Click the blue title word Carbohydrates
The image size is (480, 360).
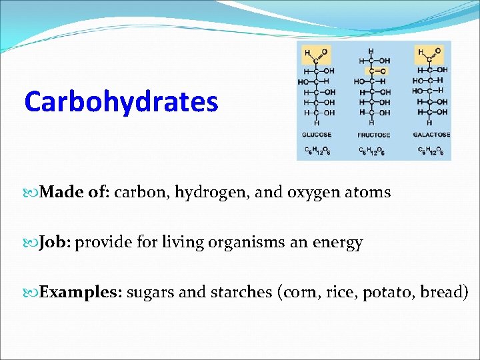point(121,102)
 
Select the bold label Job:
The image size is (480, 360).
point(55,242)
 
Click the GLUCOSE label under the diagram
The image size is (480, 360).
point(317,135)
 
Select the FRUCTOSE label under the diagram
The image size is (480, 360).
point(374,135)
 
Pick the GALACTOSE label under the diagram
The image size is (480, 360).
point(431,135)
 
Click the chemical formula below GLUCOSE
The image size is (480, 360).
point(317,150)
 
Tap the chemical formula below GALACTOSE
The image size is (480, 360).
point(431,150)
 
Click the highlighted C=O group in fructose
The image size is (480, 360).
point(377,71)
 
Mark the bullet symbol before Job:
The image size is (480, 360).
point(33,243)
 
